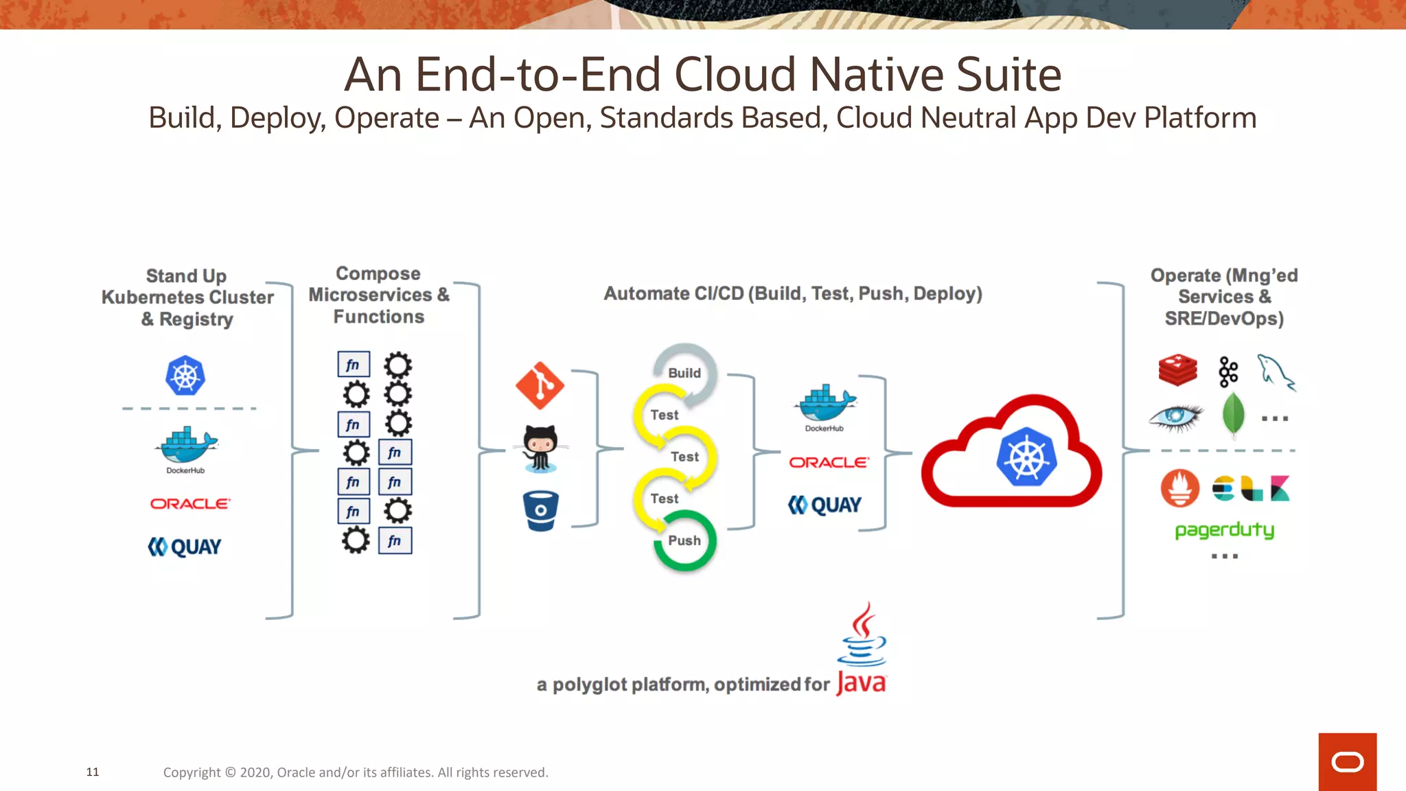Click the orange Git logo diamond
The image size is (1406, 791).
tap(540, 385)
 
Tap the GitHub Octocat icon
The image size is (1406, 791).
tap(541, 448)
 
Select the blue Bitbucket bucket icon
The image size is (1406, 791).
tap(540, 511)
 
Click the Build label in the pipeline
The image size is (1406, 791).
tap(684, 373)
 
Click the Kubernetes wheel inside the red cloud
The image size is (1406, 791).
tap(1026, 457)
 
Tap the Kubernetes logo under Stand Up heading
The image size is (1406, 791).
tap(185, 376)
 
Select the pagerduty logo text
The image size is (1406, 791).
tap(1224, 530)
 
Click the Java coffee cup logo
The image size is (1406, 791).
tap(862, 635)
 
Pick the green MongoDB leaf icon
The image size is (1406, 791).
tap(1233, 415)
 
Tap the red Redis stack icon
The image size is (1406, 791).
tap(1177, 370)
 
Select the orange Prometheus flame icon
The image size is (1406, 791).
tap(1179, 488)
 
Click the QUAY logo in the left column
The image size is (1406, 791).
tap(185, 547)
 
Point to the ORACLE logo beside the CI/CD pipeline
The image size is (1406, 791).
tap(829, 463)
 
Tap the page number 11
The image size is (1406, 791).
tap(93, 772)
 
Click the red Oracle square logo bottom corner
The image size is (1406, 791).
tap(1347, 761)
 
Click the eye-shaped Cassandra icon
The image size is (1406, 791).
tap(1176, 416)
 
